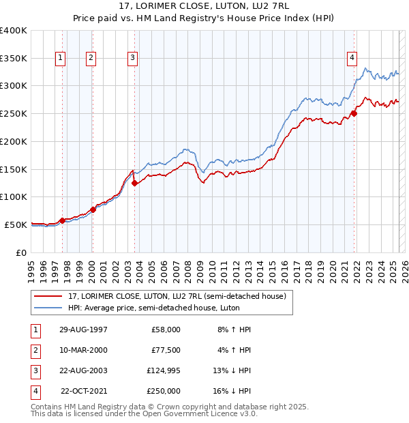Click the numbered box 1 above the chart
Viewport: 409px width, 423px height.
click(61, 59)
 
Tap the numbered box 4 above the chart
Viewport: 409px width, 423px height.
click(352, 59)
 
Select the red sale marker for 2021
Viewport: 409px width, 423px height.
click(354, 113)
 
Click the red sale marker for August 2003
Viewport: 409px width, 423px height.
click(134, 183)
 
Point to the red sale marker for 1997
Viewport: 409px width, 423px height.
click(62, 220)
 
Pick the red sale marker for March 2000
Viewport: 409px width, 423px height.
click(93, 209)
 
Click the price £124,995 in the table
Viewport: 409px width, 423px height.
click(163, 370)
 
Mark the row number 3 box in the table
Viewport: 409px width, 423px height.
click(33, 370)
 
